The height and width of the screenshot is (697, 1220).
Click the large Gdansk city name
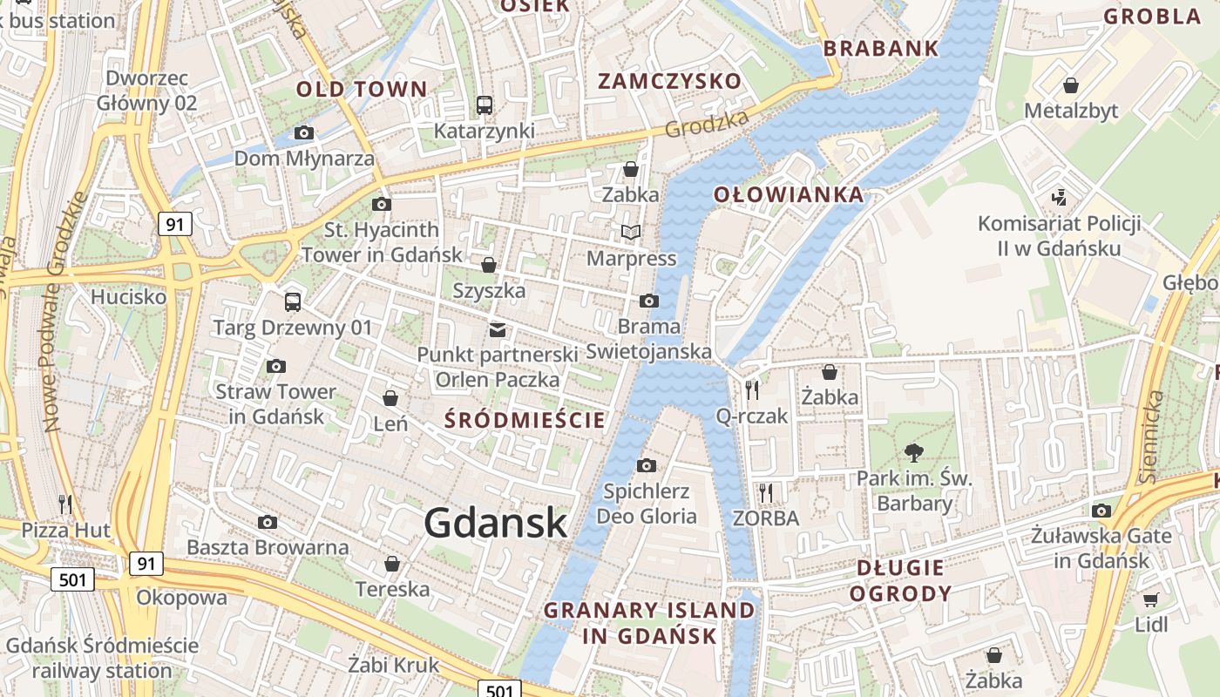click(495, 523)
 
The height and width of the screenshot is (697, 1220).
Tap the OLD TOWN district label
click(362, 89)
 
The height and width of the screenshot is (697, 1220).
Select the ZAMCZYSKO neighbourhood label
click(669, 82)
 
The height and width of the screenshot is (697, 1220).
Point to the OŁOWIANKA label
click(789, 194)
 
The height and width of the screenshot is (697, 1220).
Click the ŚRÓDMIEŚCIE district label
click(525, 420)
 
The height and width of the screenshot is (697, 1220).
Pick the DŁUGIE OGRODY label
click(900, 581)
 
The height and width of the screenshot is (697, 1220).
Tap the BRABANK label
click(881, 49)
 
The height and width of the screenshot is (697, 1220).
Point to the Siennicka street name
click(1151, 436)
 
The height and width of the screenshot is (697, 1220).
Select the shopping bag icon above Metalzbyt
click(1071, 85)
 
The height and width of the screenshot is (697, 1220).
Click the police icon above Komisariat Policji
click(1060, 197)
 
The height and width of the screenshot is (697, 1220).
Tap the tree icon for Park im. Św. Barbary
click(913, 452)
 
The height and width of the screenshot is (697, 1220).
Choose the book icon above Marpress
click(630, 233)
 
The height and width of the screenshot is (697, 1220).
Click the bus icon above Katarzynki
click(485, 105)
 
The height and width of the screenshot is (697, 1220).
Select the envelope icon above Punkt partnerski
click(498, 329)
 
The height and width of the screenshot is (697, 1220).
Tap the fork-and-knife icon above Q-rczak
click(752, 389)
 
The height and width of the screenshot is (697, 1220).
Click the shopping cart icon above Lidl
click(1151, 599)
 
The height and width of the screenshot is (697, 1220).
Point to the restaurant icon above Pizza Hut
click(65, 504)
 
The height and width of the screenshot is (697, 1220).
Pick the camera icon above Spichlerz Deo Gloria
click(646, 465)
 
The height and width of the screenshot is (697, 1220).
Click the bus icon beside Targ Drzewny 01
click(293, 302)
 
